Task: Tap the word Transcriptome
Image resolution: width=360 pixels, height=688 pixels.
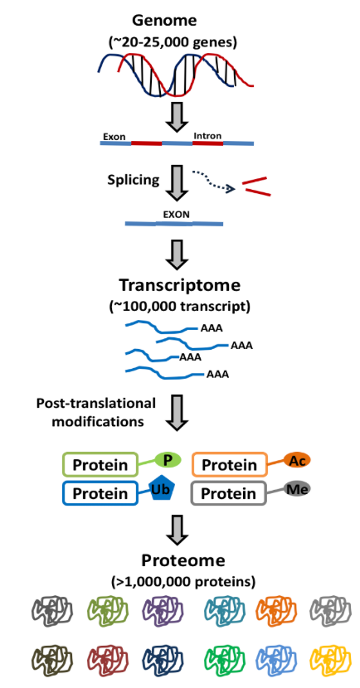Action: [180, 286]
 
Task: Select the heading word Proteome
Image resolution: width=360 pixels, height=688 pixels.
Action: [183, 560]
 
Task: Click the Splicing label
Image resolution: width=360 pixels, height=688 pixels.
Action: [134, 181]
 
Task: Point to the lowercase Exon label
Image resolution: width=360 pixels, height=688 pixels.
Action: [114, 136]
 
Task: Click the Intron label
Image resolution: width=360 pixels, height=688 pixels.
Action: [207, 136]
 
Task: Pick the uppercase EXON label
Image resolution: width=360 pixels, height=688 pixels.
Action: [173, 216]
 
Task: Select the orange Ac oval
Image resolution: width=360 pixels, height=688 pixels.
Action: [297, 460]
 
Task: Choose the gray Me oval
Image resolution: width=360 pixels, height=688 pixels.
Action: [297, 489]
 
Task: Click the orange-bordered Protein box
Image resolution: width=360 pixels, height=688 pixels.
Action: [230, 464]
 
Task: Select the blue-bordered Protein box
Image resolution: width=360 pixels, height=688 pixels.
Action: [100, 493]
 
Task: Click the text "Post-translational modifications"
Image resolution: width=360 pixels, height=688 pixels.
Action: [97, 412]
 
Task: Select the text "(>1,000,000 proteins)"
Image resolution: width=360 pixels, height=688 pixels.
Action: [182, 582]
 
